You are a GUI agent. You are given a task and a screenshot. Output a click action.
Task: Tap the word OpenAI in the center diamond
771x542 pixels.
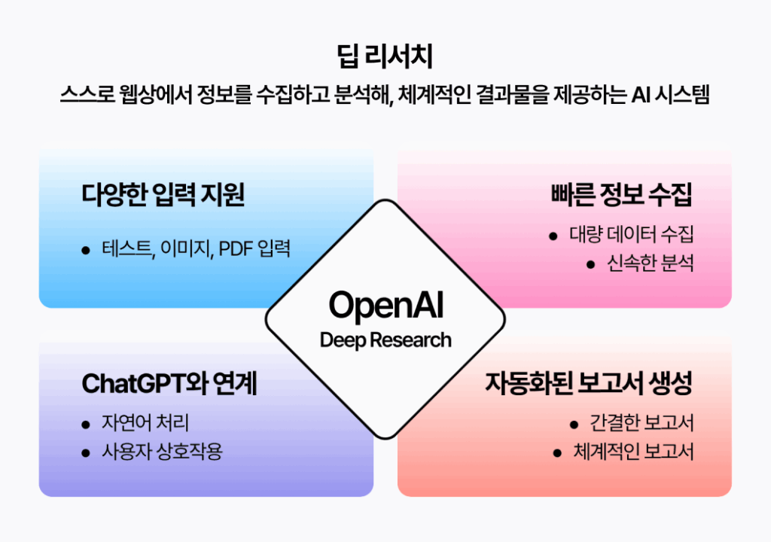tap(385, 306)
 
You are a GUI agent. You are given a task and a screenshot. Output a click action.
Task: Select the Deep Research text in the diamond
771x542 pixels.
tap(385, 340)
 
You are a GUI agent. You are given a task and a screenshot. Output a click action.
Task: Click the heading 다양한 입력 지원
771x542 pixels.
tap(163, 195)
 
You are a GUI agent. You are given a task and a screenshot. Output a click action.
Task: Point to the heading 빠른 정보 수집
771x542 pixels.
tap(621, 195)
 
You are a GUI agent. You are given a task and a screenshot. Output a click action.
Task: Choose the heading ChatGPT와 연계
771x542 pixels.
tap(169, 384)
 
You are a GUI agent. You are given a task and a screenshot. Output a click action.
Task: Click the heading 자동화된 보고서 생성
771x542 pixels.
tap(588, 384)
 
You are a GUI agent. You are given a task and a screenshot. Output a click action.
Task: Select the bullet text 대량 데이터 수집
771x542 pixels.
tap(631, 234)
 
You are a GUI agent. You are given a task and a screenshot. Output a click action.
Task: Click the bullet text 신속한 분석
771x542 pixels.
tap(650, 264)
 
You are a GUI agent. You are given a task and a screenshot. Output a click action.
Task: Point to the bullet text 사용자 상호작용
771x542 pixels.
tap(162, 452)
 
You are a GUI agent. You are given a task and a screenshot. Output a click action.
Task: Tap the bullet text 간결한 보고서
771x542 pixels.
tap(641, 423)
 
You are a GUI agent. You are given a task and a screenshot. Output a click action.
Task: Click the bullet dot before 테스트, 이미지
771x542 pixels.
tap(86, 250)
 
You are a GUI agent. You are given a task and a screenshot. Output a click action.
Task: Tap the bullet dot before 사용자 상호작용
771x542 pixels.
tap(86, 453)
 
